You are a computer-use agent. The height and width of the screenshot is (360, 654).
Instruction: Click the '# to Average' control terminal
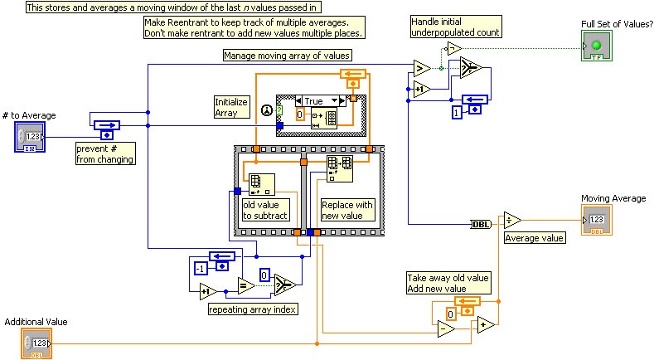[31, 137]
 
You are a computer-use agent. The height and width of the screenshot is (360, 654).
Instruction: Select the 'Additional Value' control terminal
[36, 343]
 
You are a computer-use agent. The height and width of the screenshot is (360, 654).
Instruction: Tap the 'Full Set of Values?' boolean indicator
[595, 46]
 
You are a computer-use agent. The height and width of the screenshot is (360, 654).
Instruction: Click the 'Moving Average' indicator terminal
[596, 220]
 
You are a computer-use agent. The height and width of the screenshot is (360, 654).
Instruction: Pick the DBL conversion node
[481, 222]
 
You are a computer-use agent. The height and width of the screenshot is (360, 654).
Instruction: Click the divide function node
[513, 221]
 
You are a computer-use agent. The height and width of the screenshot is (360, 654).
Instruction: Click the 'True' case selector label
[314, 100]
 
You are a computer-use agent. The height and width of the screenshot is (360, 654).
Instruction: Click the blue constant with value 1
[456, 112]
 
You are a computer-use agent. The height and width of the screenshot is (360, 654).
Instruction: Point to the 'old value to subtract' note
[265, 210]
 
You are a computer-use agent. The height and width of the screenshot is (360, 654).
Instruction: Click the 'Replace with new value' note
[347, 210]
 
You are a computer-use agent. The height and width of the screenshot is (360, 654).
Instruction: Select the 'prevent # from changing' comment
[106, 153]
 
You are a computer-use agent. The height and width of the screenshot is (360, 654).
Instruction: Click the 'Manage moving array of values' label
[288, 56]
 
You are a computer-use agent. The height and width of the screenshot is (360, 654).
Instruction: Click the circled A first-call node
[267, 109]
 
